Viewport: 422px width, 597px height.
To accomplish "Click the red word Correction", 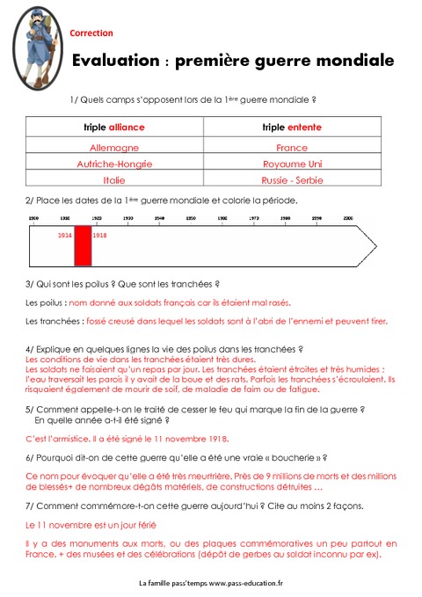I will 91,33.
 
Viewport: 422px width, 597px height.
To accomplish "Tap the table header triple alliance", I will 114,127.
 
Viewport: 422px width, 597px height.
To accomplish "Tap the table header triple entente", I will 292,127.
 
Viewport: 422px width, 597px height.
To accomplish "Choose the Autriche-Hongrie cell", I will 114,164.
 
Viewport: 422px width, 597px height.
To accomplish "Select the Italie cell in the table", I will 114,179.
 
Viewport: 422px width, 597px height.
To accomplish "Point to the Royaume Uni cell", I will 292,164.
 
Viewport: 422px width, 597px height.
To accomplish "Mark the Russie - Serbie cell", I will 292,179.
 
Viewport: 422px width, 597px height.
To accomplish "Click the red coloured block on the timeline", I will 83,245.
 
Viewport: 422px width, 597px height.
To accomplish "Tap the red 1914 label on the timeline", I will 65,236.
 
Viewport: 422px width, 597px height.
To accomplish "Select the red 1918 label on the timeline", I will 99,236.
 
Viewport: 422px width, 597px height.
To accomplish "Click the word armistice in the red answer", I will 65,438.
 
